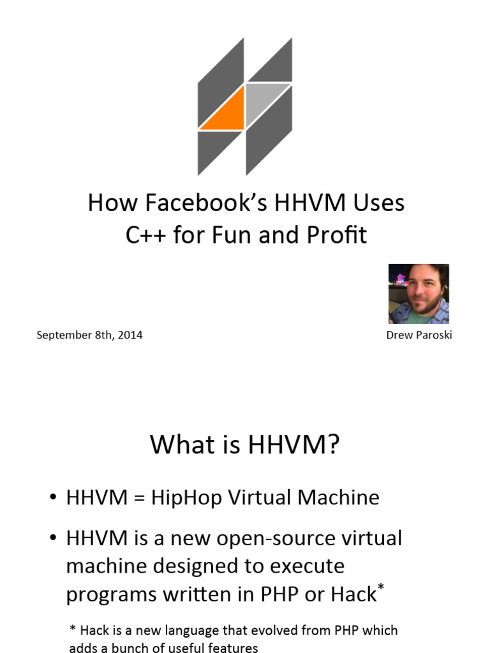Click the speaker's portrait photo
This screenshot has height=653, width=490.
pos(419,294)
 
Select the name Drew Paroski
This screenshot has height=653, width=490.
pos(419,335)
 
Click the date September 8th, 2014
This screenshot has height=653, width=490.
pos(89,335)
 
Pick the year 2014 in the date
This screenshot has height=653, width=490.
pos(130,335)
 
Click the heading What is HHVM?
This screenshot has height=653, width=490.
pos(244,444)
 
